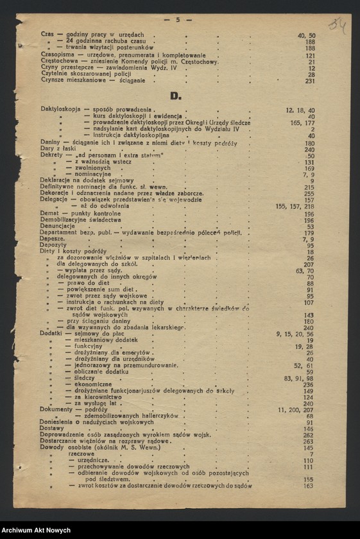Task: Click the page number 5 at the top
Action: pos(178,20)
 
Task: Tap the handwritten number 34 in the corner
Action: pos(337,25)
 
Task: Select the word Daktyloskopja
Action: pos(60,110)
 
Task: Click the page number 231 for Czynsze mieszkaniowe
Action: pos(310,81)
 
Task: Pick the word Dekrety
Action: pos(51,156)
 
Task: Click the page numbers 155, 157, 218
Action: pos(295,207)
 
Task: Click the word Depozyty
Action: pos(53,245)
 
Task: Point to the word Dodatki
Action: pos(51,334)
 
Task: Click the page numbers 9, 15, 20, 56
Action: pos(295,334)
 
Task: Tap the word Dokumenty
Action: pos(56,409)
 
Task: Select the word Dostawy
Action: pos(52,428)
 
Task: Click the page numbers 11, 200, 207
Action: pos(295,409)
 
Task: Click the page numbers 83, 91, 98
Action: pos(299,378)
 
